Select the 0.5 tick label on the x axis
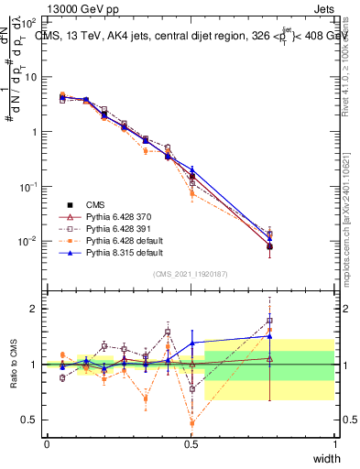(x=191, y=444)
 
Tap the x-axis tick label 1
(x=334, y=444)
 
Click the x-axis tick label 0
(x=47, y=444)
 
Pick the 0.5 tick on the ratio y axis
(x=30, y=420)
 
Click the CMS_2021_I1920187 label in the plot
(x=191, y=273)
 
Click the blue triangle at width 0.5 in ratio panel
(x=191, y=343)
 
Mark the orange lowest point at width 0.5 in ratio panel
(x=191, y=423)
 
